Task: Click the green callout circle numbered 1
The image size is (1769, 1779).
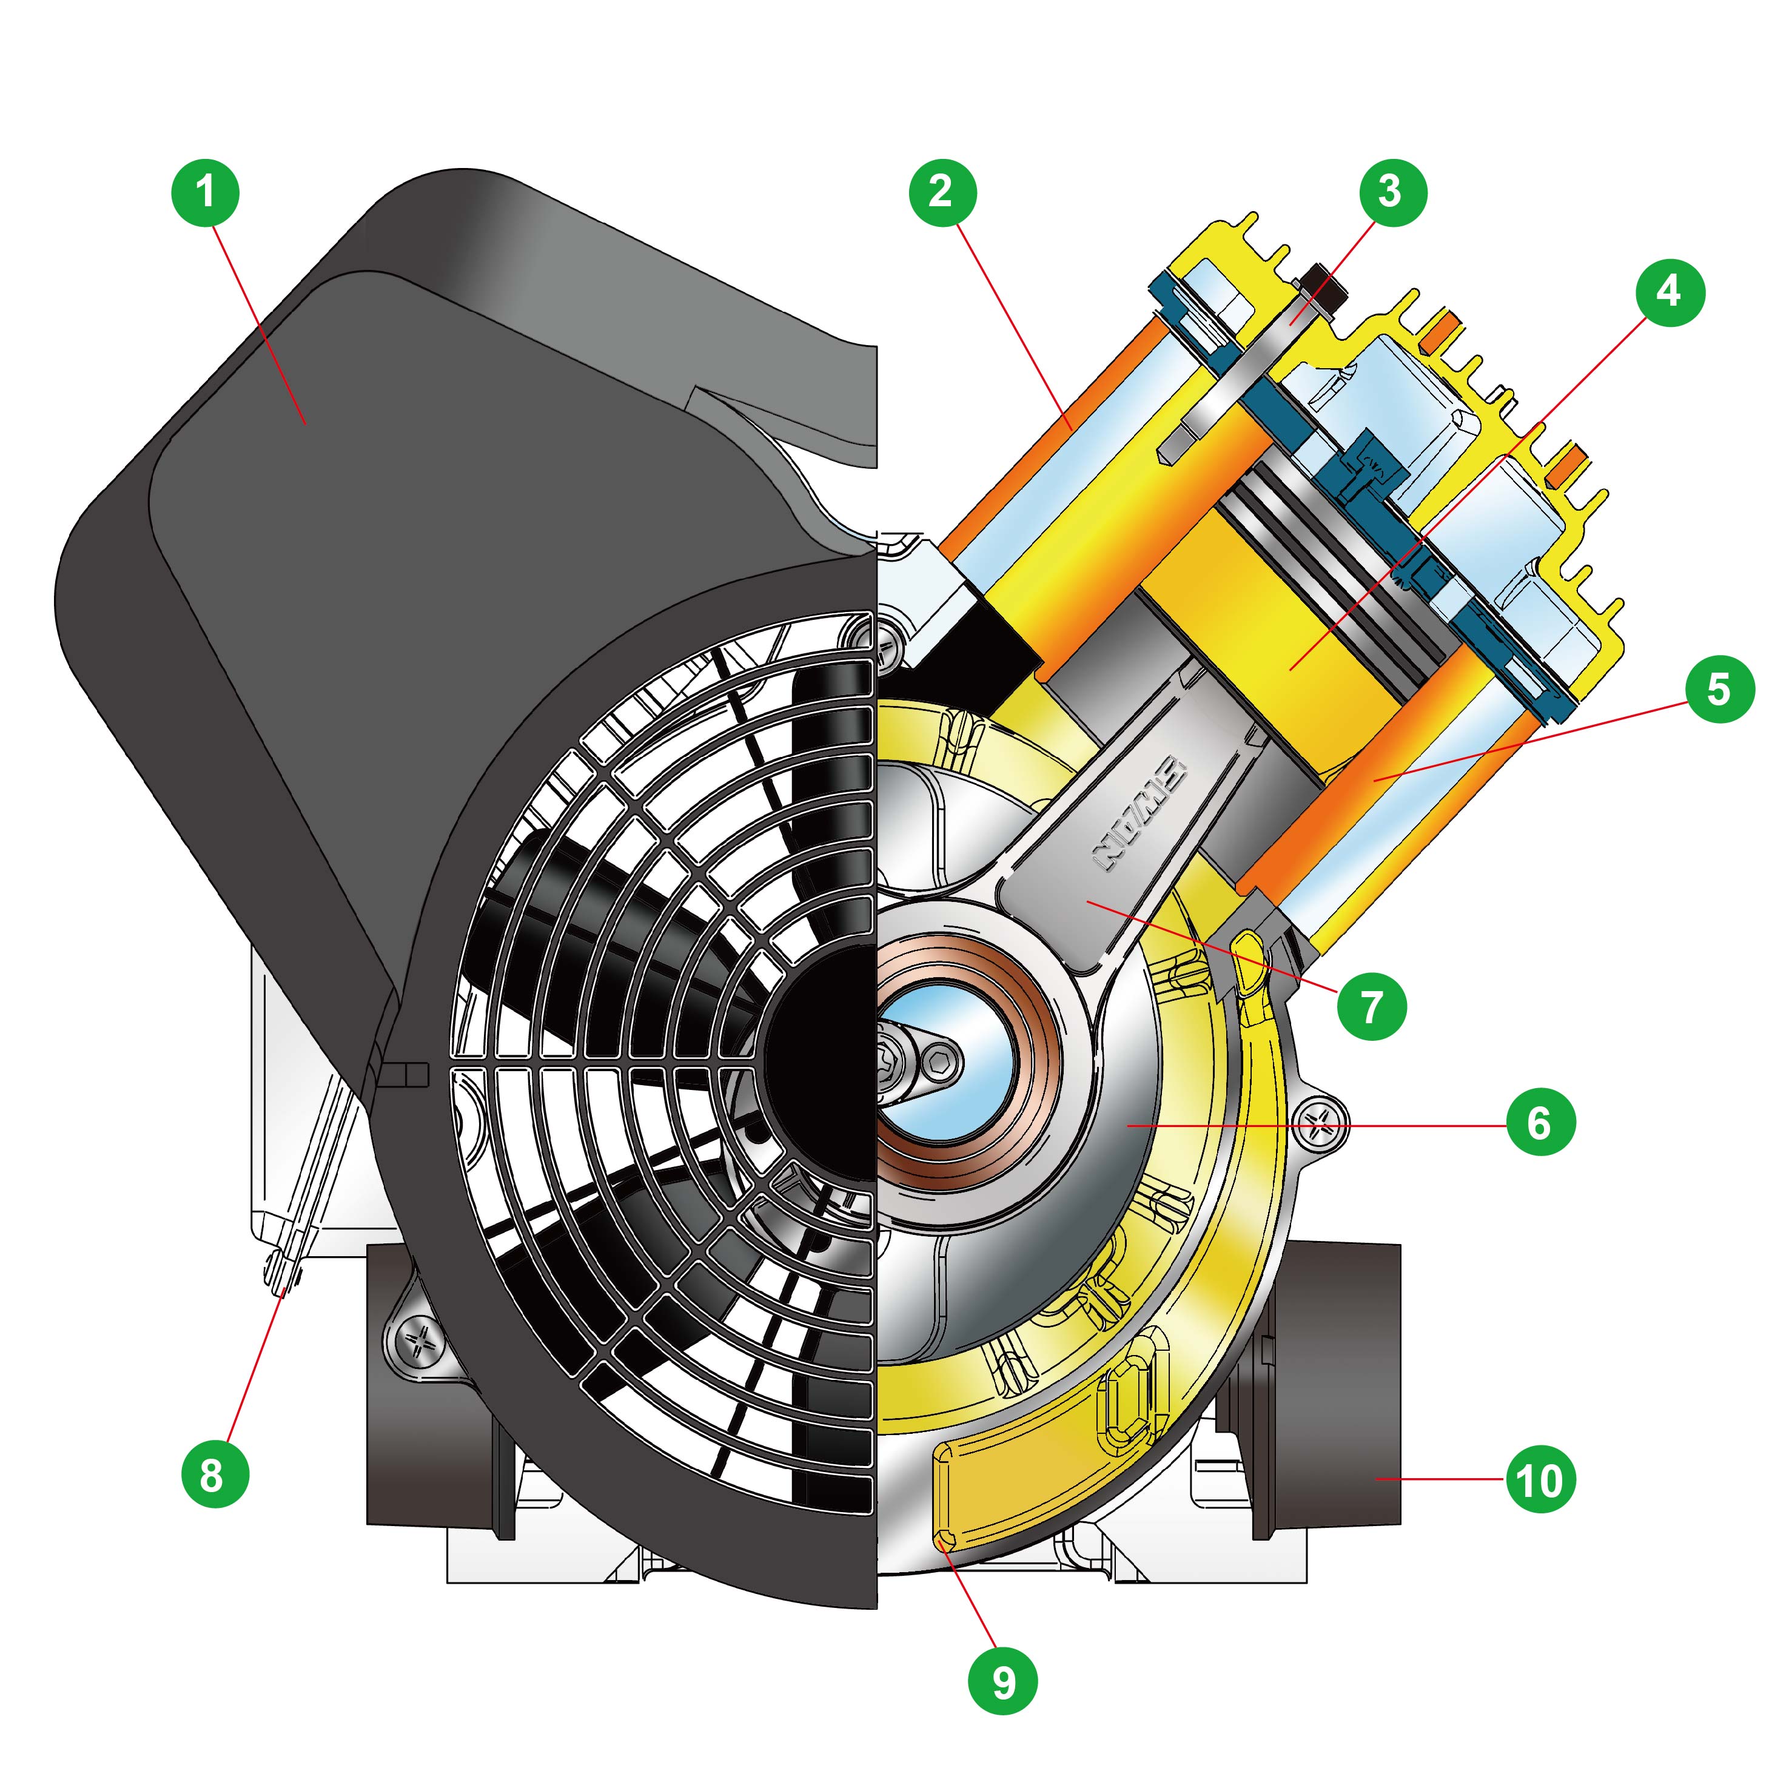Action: pyautogui.click(x=206, y=192)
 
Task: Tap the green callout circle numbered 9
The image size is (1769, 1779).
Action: pyautogui.click(x=1004, y=1683)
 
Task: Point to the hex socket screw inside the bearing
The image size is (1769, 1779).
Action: pyautogui.click(x=941, y=1065)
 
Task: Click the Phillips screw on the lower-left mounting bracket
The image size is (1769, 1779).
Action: pyautogui.click(x=423, y=1339)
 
